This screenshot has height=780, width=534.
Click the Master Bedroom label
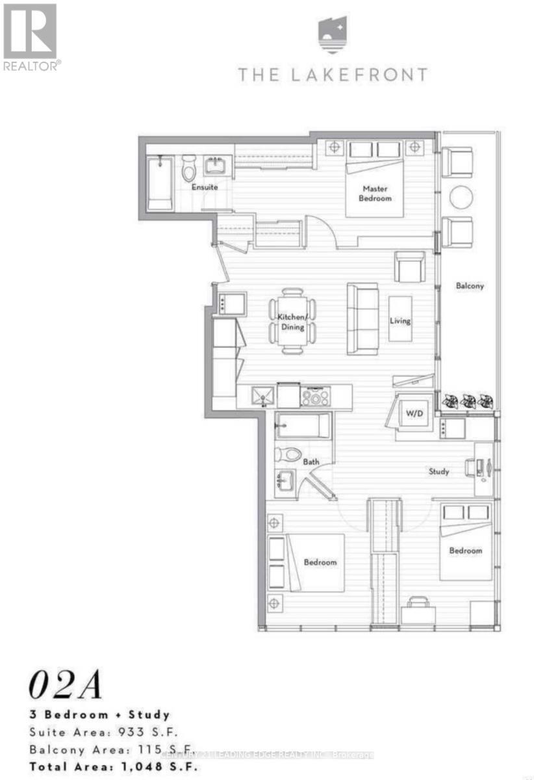click(376, 193)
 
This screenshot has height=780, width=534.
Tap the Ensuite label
click(204, 187)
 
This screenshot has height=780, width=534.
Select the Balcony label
click(469, 285)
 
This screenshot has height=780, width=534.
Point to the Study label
click(439, 471)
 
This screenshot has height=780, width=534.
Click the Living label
click(400, 320)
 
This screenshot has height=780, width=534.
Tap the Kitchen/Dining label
click(292, 322)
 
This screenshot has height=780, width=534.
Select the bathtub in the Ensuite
click(158, 184)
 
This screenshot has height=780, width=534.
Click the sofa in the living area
click(362, 318)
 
